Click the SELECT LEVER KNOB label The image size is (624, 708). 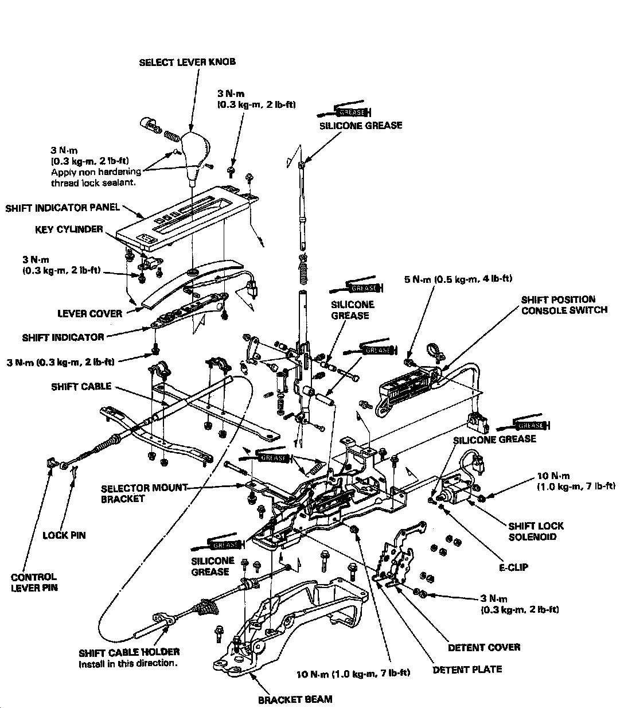point(187,62)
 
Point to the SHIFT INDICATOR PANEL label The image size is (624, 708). point(63,208)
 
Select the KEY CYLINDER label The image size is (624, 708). point(67,229)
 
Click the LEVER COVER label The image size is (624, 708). point(89,313)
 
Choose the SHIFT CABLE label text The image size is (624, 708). point(81,387)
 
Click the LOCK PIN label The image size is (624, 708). point(64,535)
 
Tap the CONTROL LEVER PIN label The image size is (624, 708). point(34,582)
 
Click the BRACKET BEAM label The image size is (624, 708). point(295,699)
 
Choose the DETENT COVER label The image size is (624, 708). point(483,647)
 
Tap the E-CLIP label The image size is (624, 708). point(513,567)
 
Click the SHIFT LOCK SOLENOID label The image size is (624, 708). point(536,531)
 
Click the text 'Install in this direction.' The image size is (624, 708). point(128,664)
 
